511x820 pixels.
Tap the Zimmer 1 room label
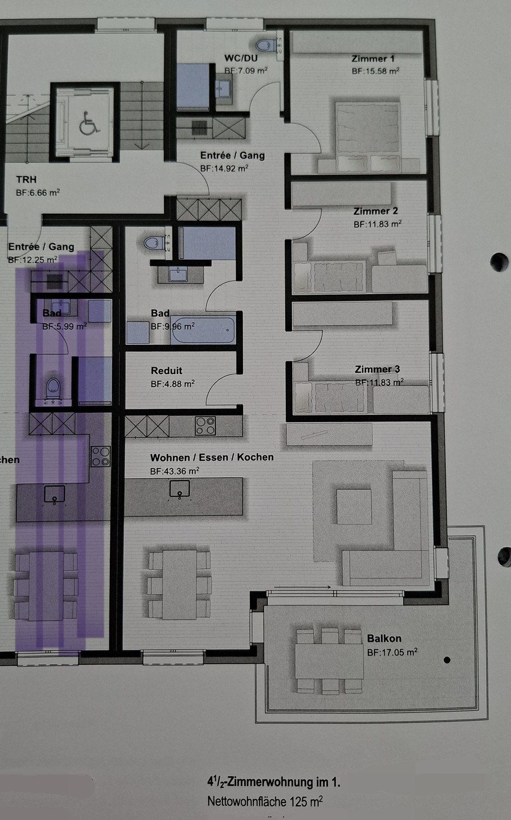[x=373, y=58]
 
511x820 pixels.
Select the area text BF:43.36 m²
[x=174, y=471]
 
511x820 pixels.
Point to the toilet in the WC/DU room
[x=266, y=45]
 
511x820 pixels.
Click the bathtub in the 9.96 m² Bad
[x=203, y=330]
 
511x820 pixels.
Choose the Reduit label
[x=167, y=371]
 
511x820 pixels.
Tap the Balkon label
[x=384, y=639]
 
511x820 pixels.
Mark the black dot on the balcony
[x=447, y=660]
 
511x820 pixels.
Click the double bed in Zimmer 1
[x=367, y=137]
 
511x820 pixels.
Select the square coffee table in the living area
[x=354, y=506]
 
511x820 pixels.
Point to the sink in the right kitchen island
[x=179, y=489]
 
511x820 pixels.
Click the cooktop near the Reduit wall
[x=205, y=426]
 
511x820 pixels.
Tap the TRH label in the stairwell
[x=26, y=179]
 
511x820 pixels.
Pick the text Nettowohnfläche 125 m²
[x=265, y=801]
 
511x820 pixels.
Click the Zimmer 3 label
[x=378, y=369]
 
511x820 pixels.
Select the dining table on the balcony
[x=330, y=661]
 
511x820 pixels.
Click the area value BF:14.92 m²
[x=225, y=168]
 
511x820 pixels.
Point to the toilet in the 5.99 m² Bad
[x=54, y=388]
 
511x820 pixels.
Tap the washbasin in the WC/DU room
[x=222, y=89]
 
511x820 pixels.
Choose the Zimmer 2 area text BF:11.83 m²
[x=378, y=224]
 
